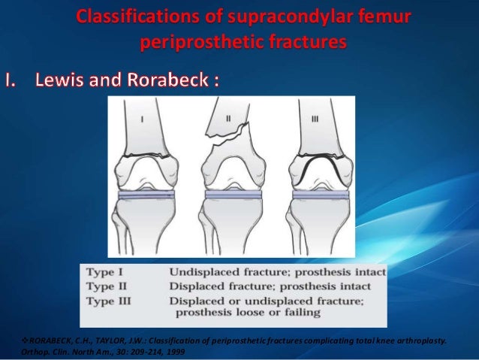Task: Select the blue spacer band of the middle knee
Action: click(233, 193)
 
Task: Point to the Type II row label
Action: click(110, 286)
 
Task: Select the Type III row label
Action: click(112, 300)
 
